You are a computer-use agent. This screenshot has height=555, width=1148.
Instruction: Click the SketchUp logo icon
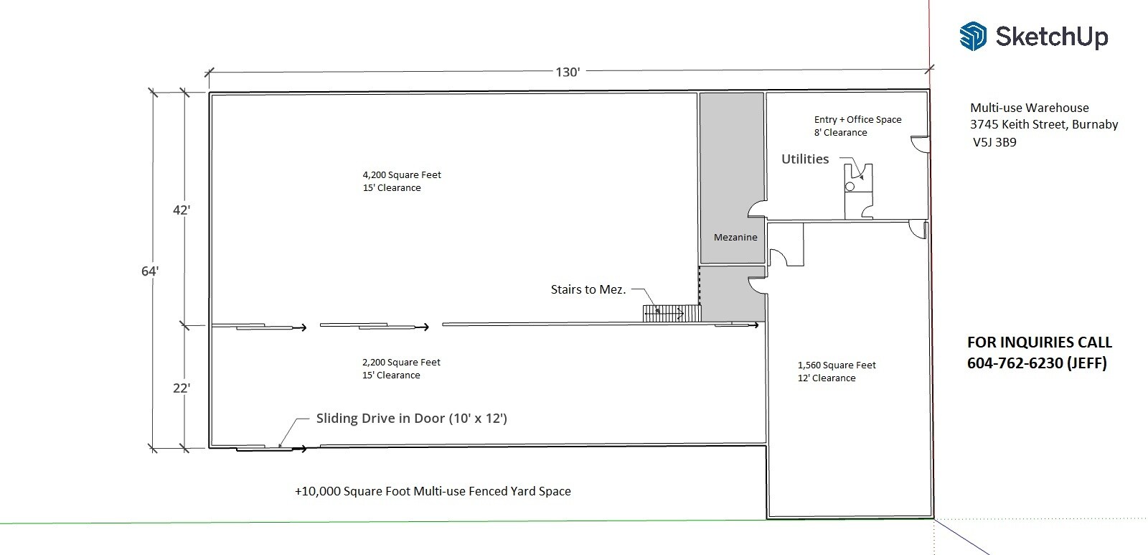pos(973,36)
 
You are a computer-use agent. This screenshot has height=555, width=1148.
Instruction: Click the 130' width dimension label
pos(568,72)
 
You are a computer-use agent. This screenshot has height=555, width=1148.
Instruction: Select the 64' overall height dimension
pos(149,271)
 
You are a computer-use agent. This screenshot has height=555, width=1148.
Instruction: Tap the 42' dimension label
pos(181,210)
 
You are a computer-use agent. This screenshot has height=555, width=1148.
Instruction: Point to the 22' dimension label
pos(181,388)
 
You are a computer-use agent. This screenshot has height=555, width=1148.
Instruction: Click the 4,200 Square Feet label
pos(402,174)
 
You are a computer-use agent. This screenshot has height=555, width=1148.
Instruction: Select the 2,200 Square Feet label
pos(401,362)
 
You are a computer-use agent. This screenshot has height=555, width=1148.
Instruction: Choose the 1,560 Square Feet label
pos(837,365)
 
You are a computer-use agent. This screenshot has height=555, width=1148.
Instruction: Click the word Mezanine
pos(735,237)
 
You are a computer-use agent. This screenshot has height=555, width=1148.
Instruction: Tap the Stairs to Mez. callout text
pos(588,289)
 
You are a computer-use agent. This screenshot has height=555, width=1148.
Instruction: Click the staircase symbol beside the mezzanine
pos(671,313)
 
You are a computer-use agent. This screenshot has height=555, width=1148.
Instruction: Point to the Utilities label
pos(805,159)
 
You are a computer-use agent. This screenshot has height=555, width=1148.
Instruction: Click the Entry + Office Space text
pos(857,119)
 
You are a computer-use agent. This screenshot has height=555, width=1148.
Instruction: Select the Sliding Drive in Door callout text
pos(411,418)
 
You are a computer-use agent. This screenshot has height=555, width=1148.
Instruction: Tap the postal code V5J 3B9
pos(994,142)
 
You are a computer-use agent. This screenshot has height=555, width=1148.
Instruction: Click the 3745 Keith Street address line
pos(1044,124)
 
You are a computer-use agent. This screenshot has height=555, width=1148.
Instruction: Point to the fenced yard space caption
pos(433,491)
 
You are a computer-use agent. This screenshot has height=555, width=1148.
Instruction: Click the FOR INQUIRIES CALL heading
pos(1039,342)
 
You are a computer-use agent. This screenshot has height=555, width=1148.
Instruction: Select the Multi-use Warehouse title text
pos(1029,108)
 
